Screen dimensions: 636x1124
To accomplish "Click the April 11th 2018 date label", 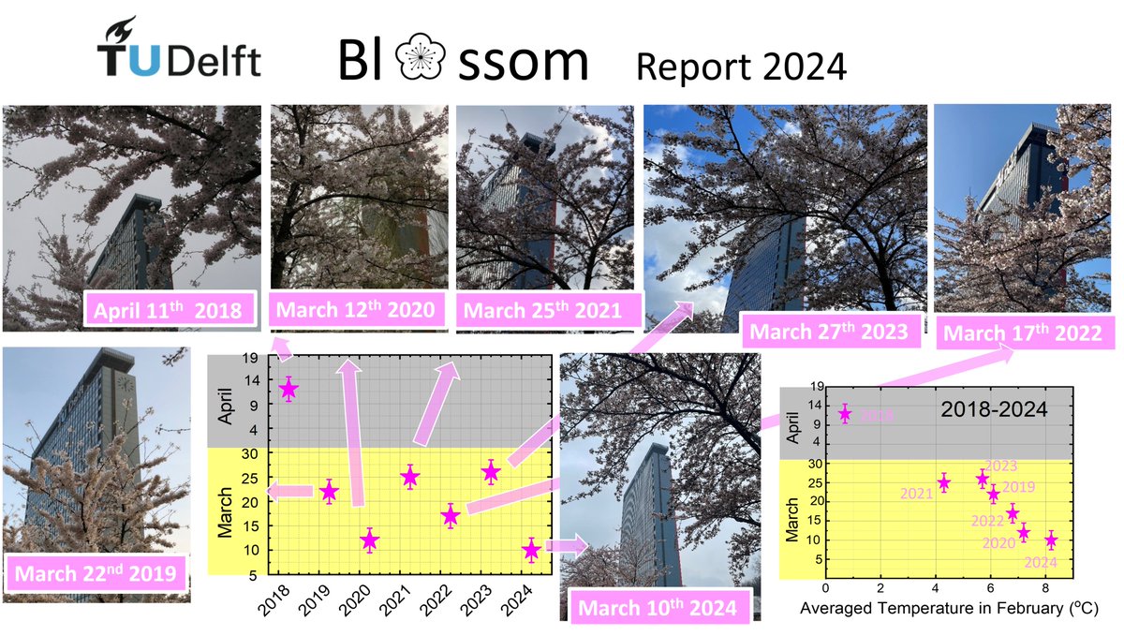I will pos(171,311).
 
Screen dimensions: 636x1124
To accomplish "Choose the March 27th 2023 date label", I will pos(829,331).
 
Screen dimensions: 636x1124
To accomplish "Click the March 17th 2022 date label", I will pos(1022,333).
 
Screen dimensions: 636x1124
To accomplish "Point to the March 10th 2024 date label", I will pos(657,608).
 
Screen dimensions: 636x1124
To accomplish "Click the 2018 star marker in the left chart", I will pos(288,390).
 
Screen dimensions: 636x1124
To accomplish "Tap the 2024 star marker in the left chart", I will pos(531,550).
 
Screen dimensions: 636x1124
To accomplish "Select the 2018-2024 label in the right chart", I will pos(994,409).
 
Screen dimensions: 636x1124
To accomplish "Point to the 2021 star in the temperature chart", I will pos(944,482).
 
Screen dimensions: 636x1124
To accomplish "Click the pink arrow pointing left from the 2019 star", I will pos(289,491).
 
